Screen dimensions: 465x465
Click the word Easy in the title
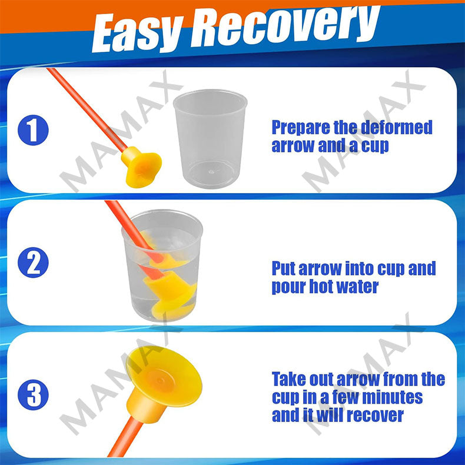[137, 33]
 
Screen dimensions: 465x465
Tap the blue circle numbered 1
[33, 130]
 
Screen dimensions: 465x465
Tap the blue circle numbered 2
[33, 263]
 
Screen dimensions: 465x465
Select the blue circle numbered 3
[33, 395]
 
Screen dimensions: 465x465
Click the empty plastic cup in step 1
[210, 138]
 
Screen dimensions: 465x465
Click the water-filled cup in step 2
[162, 265]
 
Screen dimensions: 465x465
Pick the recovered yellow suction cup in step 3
[164, 383]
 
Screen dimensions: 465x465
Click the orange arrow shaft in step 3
[125, 437]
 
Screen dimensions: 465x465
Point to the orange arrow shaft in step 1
[88, 108]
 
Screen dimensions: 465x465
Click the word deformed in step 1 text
[397, 127]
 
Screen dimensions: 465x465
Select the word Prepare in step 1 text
[301, 128]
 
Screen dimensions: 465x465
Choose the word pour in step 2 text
[288, 288]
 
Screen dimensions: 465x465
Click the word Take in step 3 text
[288, 379]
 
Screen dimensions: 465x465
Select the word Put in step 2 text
[284, 268]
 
